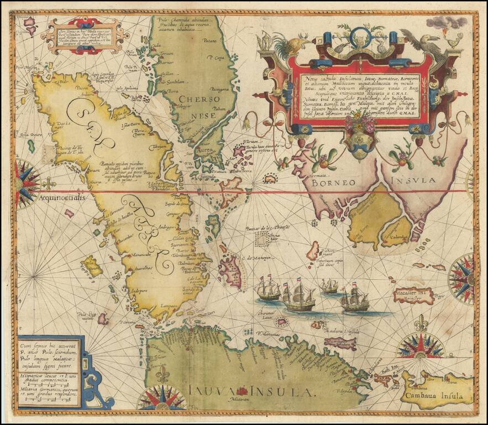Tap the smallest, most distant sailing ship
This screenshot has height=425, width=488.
pos(329,286)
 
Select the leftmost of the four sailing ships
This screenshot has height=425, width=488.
pos(269,289)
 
